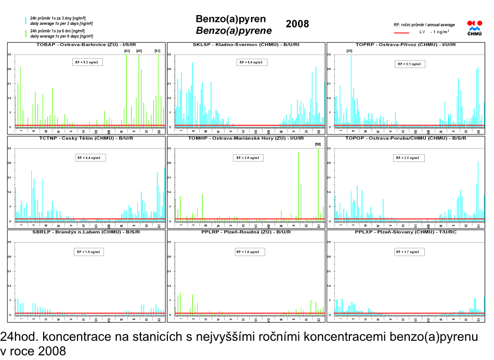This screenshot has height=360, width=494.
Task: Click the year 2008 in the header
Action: (297, 24)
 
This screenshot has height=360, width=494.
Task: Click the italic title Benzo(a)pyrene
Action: (233, 31)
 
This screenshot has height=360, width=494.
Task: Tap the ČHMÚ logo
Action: (474, 28)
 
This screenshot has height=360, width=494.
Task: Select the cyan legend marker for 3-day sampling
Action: (25, 21)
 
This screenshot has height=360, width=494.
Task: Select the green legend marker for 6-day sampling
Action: (25, 34)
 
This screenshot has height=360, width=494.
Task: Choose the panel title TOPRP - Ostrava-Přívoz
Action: (406, 45)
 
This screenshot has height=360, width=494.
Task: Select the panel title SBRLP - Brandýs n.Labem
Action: (86, 232)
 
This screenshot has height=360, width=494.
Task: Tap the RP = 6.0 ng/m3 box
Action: (251, 62)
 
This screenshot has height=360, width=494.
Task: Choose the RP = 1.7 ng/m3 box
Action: (409, 252)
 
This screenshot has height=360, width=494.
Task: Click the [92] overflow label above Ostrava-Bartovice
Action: (158, 51)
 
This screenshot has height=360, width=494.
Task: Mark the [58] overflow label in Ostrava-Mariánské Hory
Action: (318, 144)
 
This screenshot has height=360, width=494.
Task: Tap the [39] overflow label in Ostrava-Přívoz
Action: (349, 51)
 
